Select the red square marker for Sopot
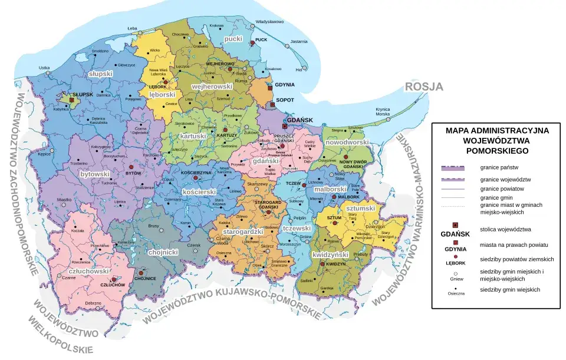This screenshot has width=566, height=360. pyautogui.click(x=272, y=105)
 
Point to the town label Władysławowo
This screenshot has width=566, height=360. pyautogui.click(x=270, y=22)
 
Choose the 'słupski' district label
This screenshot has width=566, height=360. pyautogui.click(x=100, y=74)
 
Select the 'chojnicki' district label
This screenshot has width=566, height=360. pyautogui.click(x=163, y=252)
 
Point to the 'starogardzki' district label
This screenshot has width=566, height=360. pyautogui.click(x=243, y=232)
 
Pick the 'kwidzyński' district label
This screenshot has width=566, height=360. pyautogui.click(x=331, y=255)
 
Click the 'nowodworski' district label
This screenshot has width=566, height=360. pyautogui.click(x=347, y=142)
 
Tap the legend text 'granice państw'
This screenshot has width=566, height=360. pyautogui.click(x=499, y=168)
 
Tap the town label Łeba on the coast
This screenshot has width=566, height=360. pyautogui.click(x=132, y=28)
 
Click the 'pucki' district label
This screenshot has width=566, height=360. pyautogui.click(x=234, y=39)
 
